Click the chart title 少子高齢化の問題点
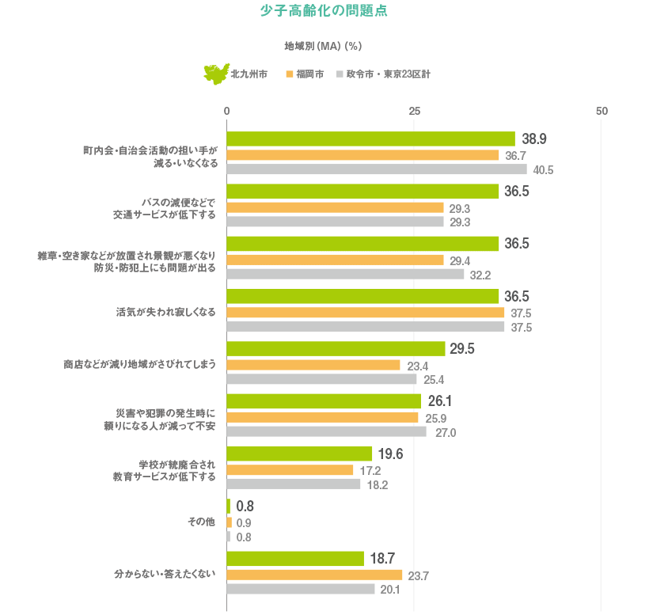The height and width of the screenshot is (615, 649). coord(324,12)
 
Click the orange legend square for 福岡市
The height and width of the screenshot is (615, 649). coord(290,74)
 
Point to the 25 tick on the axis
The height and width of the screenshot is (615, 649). coord(414,111)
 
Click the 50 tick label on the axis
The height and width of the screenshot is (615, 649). coord(602,111)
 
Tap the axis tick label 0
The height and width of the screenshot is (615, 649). coord(226,111)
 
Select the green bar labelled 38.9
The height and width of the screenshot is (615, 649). coord(370,139)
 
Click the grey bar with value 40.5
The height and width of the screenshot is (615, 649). coord(377,169)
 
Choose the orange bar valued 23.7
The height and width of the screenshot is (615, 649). coord(314,575)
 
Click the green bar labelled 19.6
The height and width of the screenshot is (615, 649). coord(299,454)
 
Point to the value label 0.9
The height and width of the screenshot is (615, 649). coord(244,523)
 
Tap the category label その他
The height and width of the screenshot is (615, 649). coord(201,522)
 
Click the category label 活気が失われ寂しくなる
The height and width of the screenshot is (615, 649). coord(165,312)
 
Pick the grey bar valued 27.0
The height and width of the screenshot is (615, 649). coord(326,432)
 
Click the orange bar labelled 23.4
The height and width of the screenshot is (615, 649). coord(313,365)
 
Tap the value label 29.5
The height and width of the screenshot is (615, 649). coord(462,349)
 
